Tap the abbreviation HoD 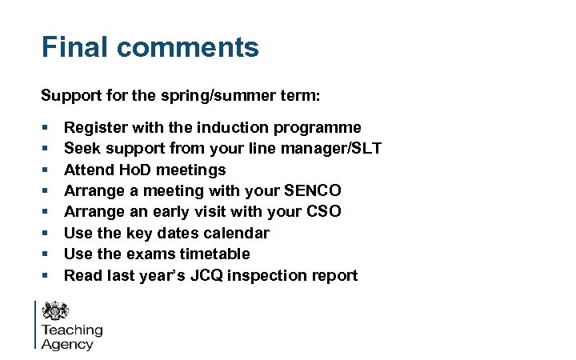tap(134, 170)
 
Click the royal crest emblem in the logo tap(57, 311)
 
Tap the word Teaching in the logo tap(72, 330)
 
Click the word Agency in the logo tap(67, 345)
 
